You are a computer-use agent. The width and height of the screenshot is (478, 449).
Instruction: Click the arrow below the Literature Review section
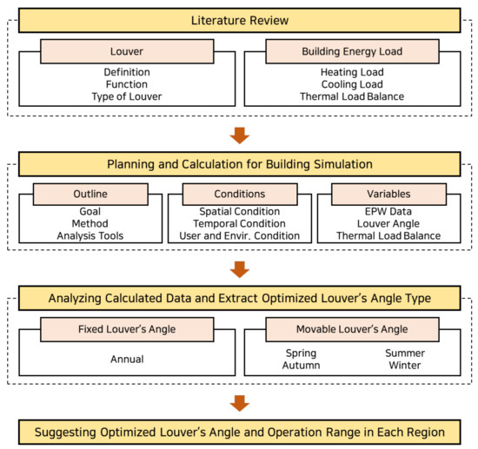point(239,135)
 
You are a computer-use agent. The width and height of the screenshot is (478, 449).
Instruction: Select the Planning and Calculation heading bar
point(238,164)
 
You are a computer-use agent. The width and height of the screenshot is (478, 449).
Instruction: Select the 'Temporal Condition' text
point(238,222)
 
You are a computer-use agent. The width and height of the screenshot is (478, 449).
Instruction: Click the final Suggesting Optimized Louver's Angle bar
point(238,432)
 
